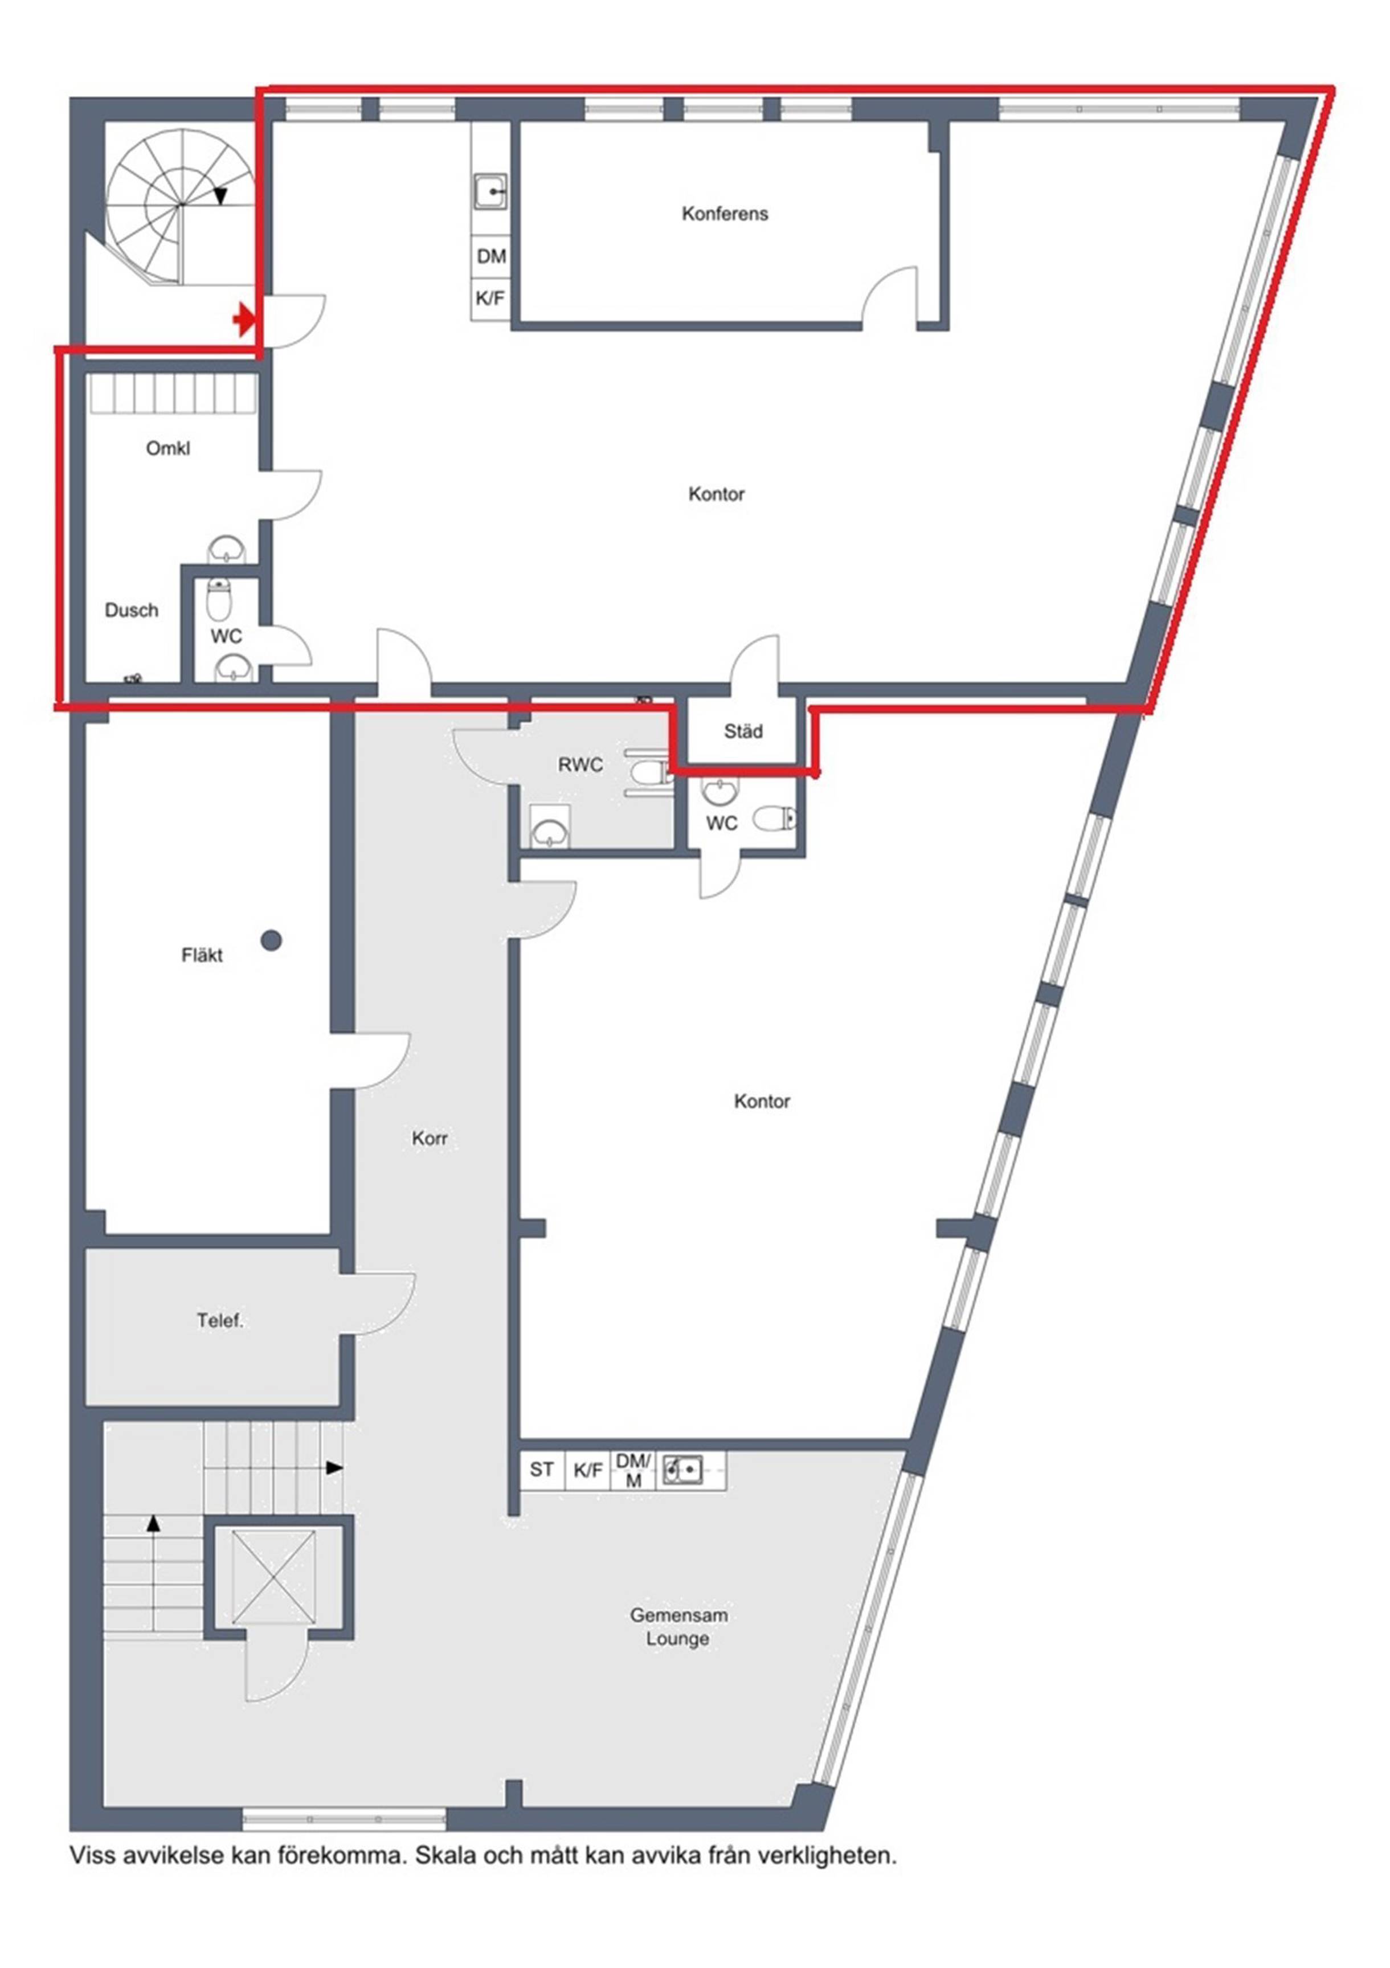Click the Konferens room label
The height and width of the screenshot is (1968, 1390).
click(x=725, y=214)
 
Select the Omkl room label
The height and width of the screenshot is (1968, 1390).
click(x=168, y=448)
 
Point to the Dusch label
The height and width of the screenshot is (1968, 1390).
click(x=131, y=610)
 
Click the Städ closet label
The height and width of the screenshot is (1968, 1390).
click(x=743, y=731)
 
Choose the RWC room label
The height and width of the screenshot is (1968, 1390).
click(x=580, y=764)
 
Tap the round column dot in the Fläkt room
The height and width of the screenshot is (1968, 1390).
click(x=271, y=940)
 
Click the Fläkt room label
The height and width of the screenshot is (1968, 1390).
click(x=202, y=955)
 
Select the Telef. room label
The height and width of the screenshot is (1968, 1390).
click(x=220, y=1321)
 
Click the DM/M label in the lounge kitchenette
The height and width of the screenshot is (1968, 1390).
click(x=633, y=1470)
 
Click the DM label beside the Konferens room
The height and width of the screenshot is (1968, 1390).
click(x=492, y=256)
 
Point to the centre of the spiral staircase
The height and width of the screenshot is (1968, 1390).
click(x=181, y=205)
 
